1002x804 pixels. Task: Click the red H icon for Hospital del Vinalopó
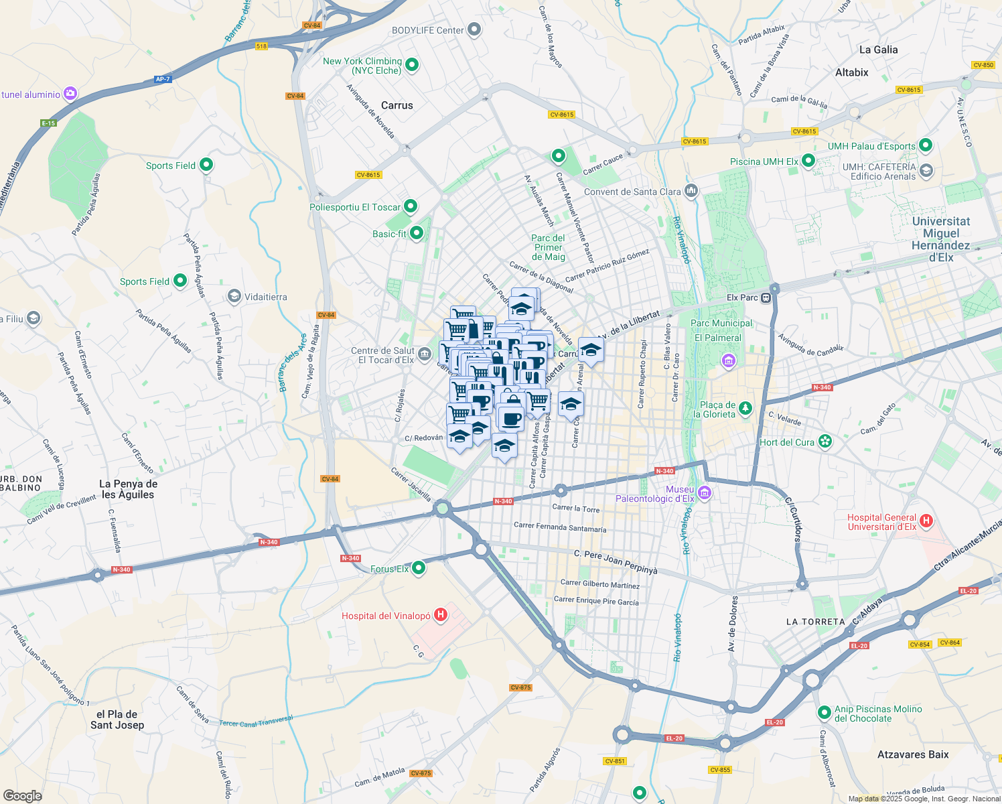[441, 615]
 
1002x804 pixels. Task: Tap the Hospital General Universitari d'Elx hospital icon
[926, 521]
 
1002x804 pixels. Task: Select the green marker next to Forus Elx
[419, 568]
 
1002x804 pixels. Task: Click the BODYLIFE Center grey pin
[474, 29]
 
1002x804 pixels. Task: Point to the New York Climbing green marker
[413, 65]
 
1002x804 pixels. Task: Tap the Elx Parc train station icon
[766, 297]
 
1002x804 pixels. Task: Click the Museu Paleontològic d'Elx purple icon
[704, 494]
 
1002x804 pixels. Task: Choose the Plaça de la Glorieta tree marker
[745, 409]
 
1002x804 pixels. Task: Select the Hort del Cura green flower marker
[825, 442]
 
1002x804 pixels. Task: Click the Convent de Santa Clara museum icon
[691, 191]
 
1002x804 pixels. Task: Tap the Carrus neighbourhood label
[397, 105]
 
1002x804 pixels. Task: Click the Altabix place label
[852, 72]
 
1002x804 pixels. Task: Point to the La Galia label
[878, 50]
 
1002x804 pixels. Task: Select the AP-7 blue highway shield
[163, 79]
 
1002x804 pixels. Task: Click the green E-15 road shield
[48, 123]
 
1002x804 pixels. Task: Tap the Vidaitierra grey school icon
[234, 296]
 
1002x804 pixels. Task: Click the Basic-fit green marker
[417, 233]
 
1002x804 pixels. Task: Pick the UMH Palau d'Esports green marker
[926, 145]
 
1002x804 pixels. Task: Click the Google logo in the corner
[22, 795]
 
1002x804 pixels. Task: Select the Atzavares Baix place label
[913, 754]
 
